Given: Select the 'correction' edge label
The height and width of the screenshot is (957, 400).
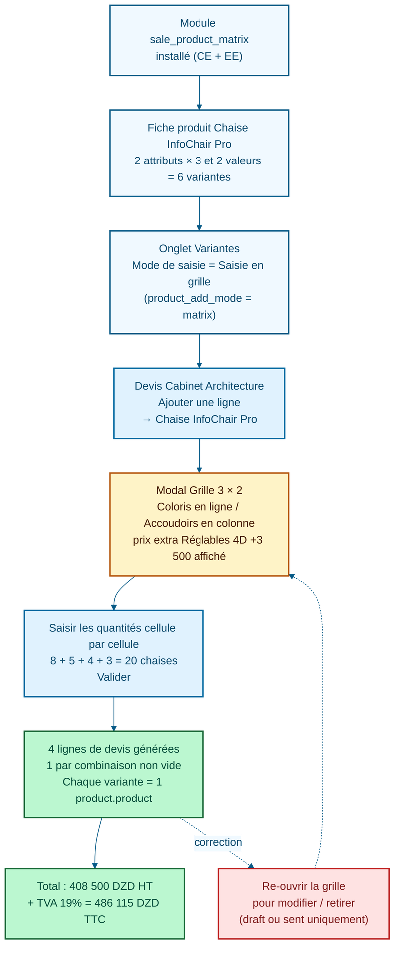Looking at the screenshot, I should coord(218,842).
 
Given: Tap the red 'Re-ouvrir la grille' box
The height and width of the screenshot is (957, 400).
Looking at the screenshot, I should coord(303,903).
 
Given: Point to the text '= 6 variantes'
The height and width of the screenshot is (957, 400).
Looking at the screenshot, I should coord(199,177).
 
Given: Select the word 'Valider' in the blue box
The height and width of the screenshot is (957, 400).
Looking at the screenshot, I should coord(114,677).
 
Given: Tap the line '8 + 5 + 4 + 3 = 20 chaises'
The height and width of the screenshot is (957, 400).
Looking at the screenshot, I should coord(114,660).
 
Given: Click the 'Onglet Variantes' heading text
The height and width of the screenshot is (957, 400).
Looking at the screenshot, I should coord(199,248).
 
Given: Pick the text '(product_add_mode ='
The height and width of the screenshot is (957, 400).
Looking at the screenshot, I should coord(198,298).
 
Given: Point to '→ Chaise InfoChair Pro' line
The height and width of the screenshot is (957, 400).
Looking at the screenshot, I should coord(199,419).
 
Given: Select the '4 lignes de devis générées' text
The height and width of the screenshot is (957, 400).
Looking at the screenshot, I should coord(114,749).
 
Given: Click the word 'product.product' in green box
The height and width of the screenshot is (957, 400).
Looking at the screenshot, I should coord(114,798).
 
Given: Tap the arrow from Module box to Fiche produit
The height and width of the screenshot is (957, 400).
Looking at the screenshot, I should coord(199,92).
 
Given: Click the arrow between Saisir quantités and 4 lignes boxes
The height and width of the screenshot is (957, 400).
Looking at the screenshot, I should coord(114,714).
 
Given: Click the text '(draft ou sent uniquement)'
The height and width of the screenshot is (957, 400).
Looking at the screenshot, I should coord(303,919).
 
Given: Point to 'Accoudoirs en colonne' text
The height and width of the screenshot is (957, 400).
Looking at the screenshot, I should coord(199,523).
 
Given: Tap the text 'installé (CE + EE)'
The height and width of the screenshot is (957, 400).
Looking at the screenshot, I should coord(199,56).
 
